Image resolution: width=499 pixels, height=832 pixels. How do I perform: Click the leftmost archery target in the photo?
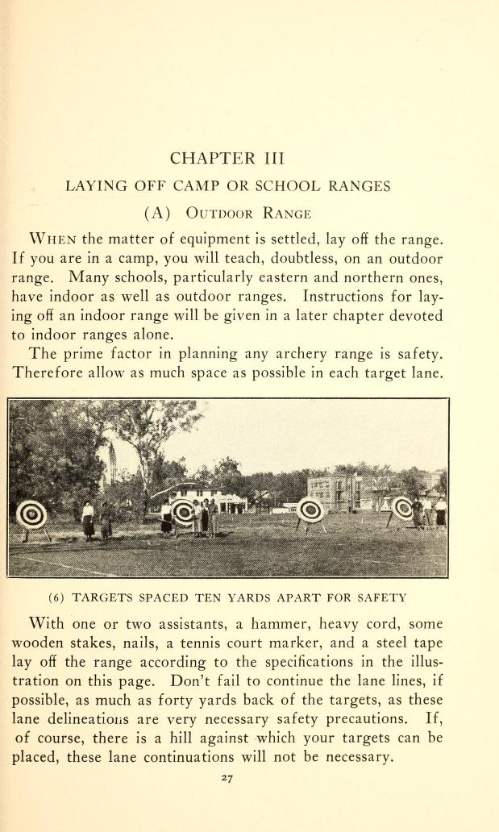click(32, 514)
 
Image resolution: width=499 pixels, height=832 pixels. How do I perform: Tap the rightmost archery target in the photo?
click(403, 508)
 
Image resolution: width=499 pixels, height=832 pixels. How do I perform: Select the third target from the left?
click(310, 510)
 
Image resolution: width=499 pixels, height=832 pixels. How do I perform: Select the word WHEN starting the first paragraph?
click(54, 240)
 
